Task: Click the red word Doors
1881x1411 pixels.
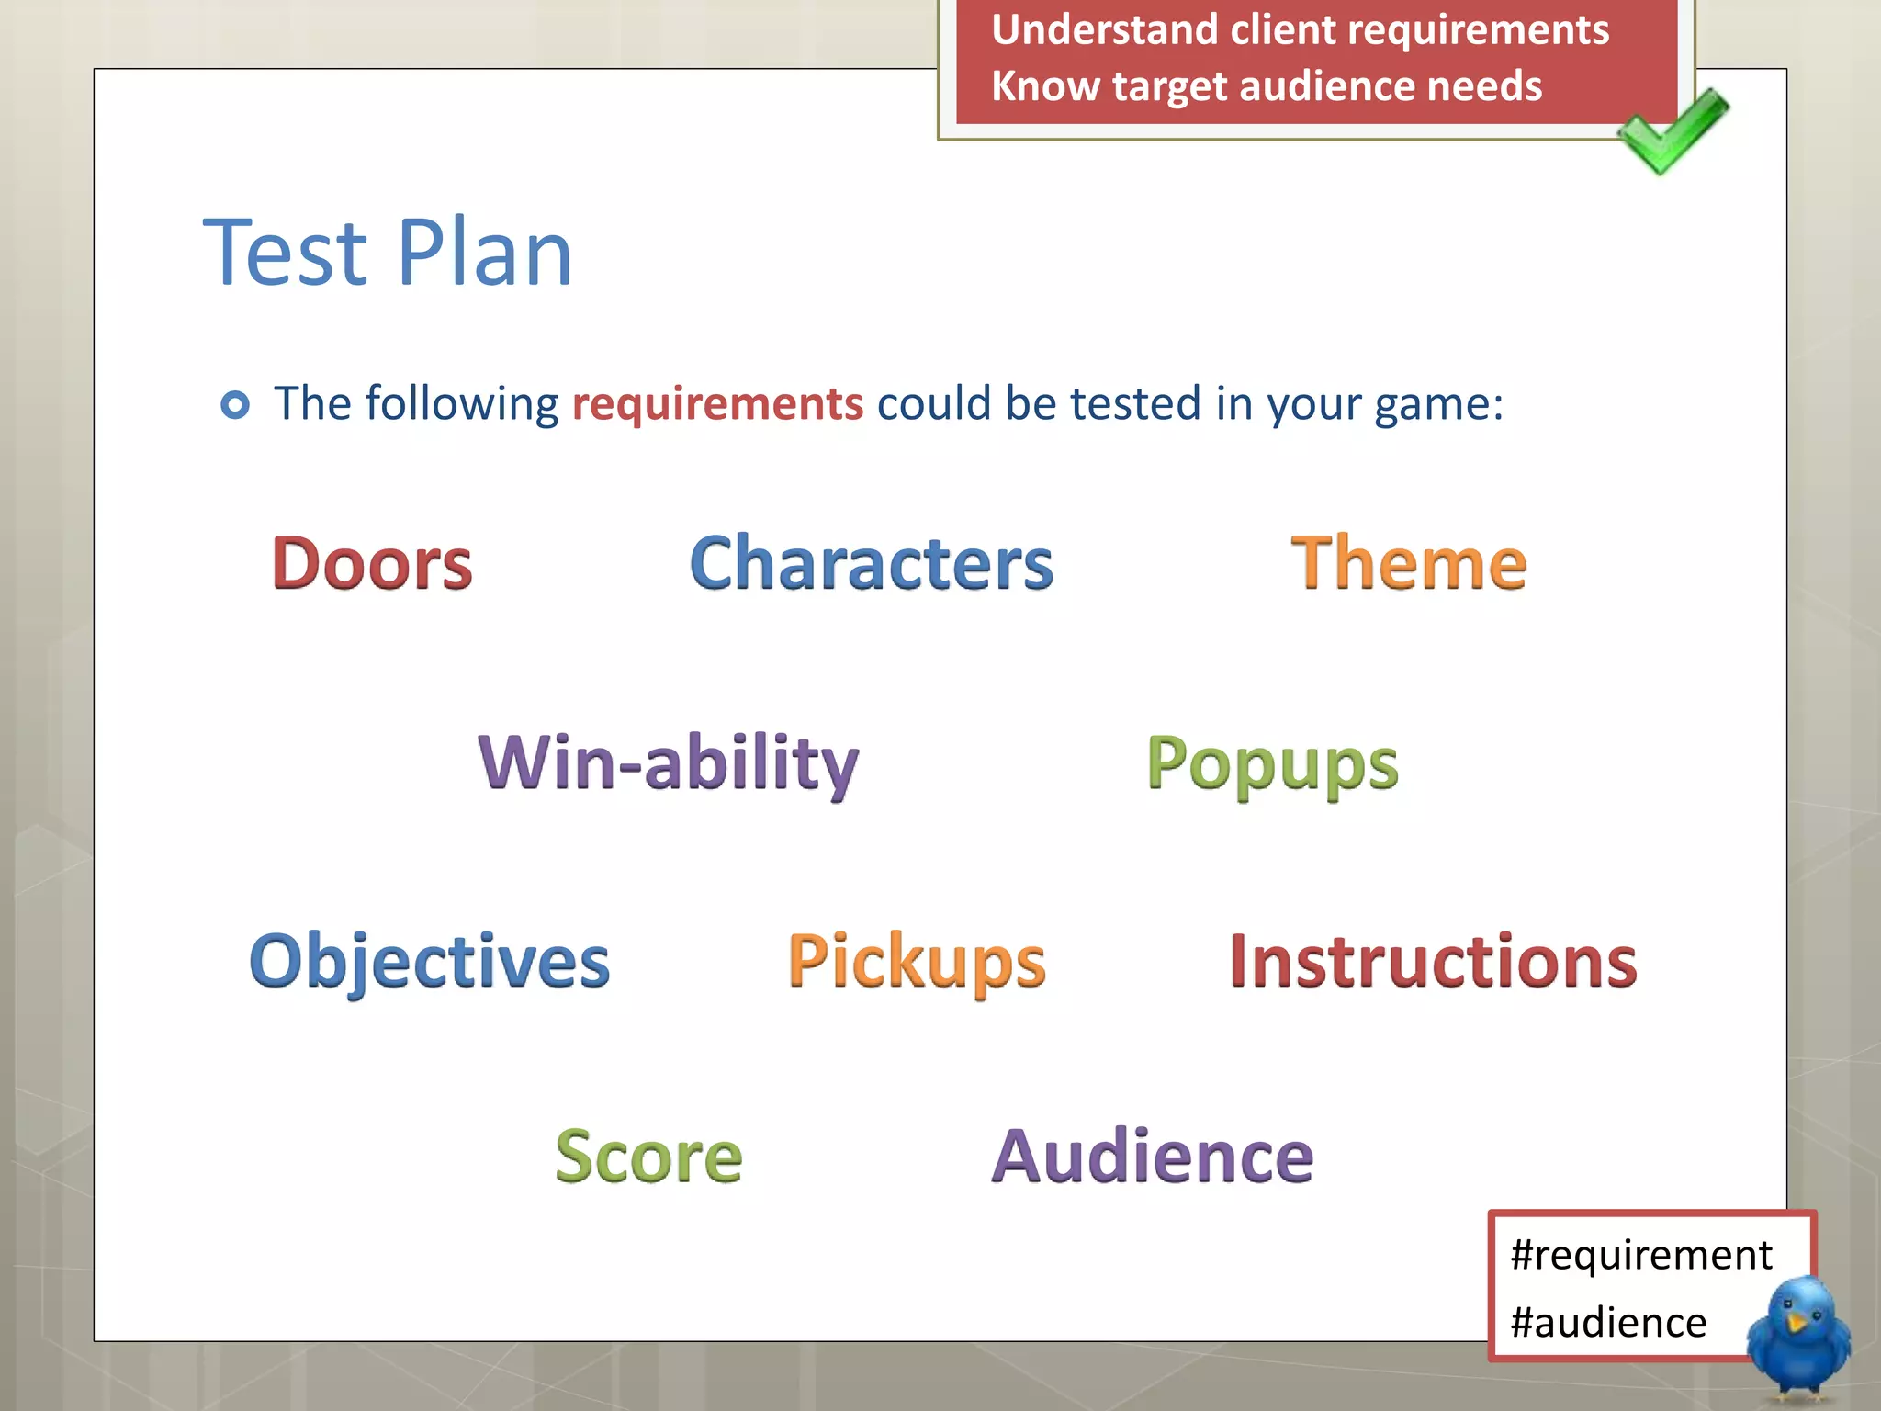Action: pos(372,563)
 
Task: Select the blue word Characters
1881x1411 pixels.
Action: pos(871,563)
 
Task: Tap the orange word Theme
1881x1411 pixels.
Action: pos(1408,563)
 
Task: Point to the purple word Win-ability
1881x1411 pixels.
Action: pos(668,762)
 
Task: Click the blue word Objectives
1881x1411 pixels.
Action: pos(429,961)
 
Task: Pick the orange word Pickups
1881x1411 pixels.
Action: pos(917,962)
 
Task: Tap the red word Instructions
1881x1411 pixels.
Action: pos(1433,961)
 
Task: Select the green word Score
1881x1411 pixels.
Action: pos(648,1157)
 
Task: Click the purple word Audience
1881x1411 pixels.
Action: pos(1153,1157)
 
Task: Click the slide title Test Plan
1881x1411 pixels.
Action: pos(388,253)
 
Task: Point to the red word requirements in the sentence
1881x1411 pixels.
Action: pos(717,404)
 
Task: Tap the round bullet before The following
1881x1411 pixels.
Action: pos(235,404)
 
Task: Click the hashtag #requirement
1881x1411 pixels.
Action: pos(1640,1255)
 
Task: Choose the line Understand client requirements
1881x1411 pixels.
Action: pos(1300,29)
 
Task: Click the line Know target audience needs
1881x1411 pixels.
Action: pos(1267,86)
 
